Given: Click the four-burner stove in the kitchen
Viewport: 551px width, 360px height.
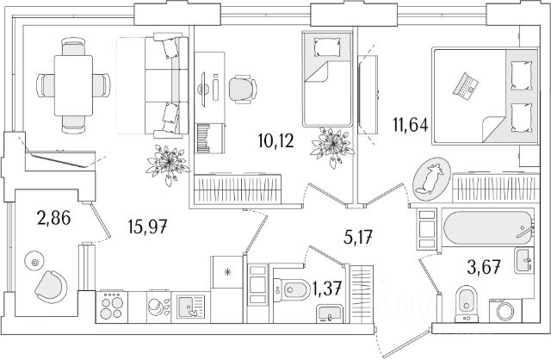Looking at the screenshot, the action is coord(113,307).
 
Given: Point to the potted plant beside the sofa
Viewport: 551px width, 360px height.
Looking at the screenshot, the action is coord(167,160).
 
